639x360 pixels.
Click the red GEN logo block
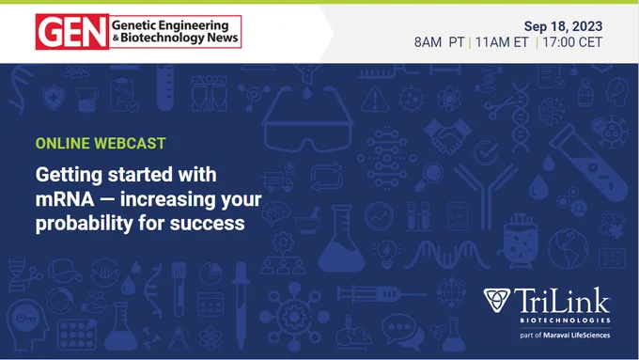click(72, 32)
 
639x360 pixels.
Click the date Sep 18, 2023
click(563, 26)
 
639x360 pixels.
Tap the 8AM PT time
click(440, 42)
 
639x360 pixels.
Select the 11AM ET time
click(502, 42)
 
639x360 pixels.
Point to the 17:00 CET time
click(572, 42)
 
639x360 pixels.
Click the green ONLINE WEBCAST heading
click(101, 143)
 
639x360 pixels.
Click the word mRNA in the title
click(65, 199)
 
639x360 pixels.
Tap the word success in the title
click(208, 224)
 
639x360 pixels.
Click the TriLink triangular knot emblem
click(497, 300)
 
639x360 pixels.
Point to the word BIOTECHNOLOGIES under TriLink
click(565, 321)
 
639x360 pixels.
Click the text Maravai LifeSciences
click(577, 336)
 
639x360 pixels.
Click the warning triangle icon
click(375, 99)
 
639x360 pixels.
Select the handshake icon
click(447, 136)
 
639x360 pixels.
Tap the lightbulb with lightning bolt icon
click(387, 253)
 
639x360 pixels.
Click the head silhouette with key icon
click(27, 325)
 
